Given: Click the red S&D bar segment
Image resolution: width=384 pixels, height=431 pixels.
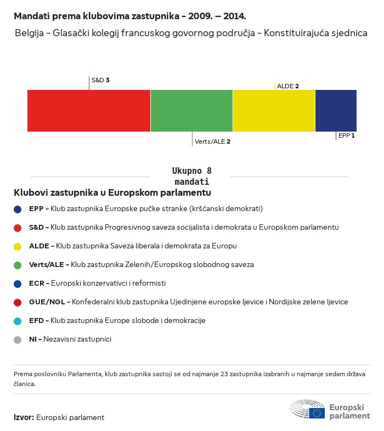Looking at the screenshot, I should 89,111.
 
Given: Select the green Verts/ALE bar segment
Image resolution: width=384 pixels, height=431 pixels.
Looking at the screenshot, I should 191,111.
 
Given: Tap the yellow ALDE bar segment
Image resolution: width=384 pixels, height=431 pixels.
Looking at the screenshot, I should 274,111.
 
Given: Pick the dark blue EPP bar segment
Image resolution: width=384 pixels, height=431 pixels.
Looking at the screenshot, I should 336,111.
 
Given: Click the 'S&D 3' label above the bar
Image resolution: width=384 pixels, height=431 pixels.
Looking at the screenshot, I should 100,80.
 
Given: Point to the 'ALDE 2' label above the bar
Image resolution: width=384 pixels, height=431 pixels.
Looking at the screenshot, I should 288,86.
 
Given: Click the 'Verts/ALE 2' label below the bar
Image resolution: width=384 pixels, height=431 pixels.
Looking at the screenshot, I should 212,141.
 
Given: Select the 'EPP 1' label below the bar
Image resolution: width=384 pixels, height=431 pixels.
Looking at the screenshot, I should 347,135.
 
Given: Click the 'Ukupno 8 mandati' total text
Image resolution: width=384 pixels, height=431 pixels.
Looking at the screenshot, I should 191,176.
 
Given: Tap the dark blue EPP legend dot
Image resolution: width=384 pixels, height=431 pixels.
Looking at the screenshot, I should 18,209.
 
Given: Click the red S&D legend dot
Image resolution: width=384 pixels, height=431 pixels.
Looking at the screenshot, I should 18,228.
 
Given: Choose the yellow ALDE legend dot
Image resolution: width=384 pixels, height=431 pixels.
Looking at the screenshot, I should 18,246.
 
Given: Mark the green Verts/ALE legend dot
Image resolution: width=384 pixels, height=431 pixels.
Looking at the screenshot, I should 18,265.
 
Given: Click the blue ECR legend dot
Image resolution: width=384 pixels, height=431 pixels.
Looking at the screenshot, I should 18,283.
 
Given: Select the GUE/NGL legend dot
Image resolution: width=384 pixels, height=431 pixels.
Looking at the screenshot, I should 18,302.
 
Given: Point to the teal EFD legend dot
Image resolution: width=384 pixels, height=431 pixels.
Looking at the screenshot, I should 18,321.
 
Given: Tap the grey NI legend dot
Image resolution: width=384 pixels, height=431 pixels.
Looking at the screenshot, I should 18,339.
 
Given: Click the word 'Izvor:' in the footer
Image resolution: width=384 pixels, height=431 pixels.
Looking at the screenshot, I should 24,417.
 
